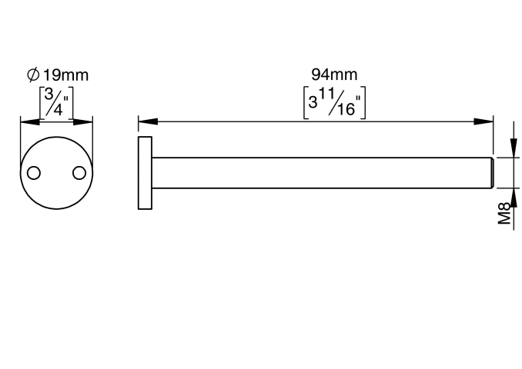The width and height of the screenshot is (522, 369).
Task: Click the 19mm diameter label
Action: coord(66,75)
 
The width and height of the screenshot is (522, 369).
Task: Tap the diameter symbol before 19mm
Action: coord(33,75)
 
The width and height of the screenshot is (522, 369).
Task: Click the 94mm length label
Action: coord(334,75)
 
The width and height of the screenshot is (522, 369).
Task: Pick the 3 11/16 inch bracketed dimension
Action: coord(335,102)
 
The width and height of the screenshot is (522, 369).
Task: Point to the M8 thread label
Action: coord(504,213)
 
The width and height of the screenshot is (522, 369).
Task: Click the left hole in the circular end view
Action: coord(34,173)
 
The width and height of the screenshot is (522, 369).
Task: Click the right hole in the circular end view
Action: coord(79,173)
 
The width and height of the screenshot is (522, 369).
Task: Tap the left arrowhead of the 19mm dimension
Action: coord(30,121)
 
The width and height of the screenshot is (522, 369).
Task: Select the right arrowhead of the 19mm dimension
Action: coord(83,121)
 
